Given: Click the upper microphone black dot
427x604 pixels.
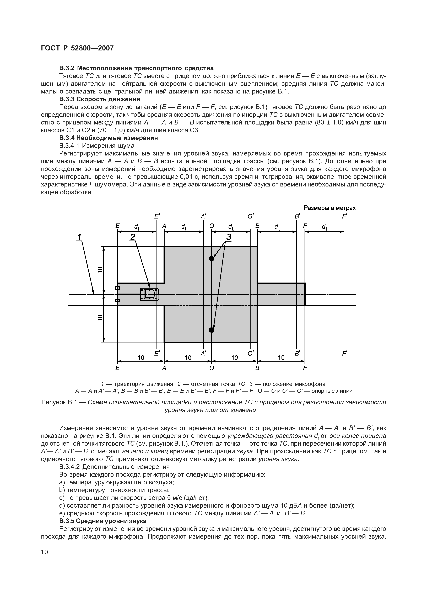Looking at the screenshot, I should tap(212, 258).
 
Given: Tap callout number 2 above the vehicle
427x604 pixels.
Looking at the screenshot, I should tap(133, 237).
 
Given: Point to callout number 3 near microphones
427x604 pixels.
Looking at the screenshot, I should tap(229, 237).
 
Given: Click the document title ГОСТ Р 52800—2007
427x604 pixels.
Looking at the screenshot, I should tap(77, 48).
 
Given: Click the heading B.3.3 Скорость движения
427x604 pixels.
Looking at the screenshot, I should tap(99, 99).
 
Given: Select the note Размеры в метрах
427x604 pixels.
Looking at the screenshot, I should tap(329, 208).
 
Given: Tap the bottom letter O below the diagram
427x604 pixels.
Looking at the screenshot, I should tap(212, 368).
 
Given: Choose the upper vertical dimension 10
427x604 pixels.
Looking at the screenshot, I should tap(100, 270).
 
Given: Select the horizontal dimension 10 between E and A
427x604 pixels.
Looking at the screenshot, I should tap(141, 358).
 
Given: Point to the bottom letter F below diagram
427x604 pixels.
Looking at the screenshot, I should tap(305, 368).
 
